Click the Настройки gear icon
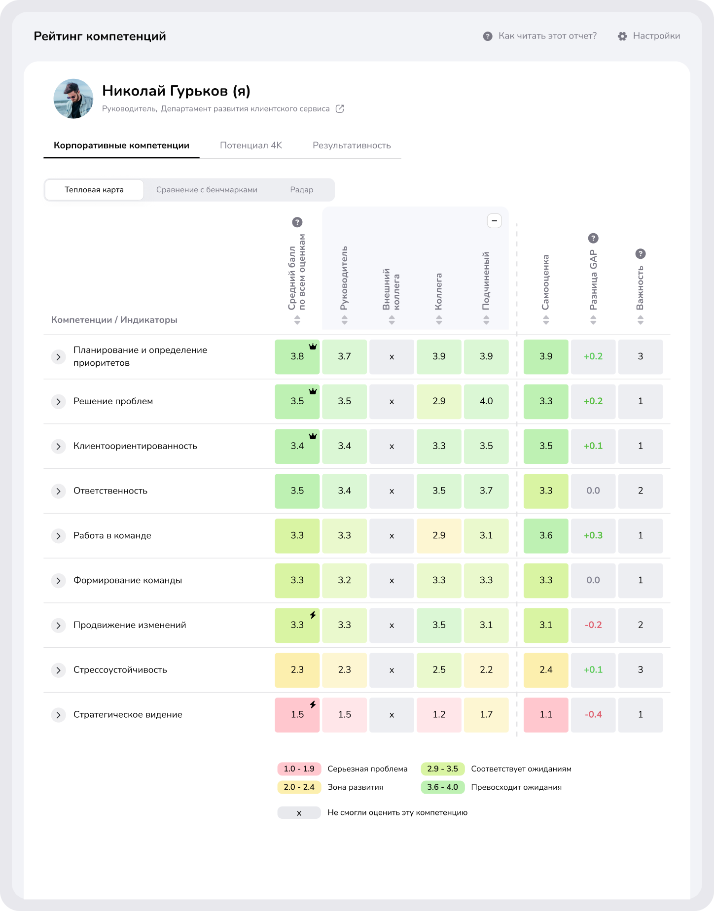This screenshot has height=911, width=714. tap(622, 36)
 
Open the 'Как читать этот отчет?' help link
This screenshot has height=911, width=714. tap(547, 36)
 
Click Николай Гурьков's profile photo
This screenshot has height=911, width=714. tap(73, 99)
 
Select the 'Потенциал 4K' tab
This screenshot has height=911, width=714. tap(251, 145)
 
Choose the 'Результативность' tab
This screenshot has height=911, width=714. tap(352, 145)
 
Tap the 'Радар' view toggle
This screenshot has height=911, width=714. tap(302, 190)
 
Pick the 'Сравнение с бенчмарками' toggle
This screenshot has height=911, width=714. tap(207, 190)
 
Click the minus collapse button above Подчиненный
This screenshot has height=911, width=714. tap(494, 221)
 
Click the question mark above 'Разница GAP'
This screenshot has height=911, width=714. tap(593, 238)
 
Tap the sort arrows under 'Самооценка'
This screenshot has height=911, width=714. tap(546, 320)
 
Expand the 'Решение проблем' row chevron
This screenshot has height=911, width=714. tap(58, 402)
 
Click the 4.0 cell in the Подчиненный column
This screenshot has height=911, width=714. tap(486, 401)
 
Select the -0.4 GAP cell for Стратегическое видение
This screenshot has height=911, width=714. tap(593, 715)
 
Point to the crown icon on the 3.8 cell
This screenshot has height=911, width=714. tap(313, 347)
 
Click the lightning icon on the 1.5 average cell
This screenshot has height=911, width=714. tap(313, 705)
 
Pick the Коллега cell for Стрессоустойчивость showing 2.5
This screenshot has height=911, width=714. tap(439, 670)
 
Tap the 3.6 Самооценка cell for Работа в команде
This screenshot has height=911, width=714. tap(546, 535)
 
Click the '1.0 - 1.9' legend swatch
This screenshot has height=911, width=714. tap(299, 769)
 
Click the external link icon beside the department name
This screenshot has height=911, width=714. tap(340, 109)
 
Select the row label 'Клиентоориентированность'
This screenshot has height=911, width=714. tap(135, 446)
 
